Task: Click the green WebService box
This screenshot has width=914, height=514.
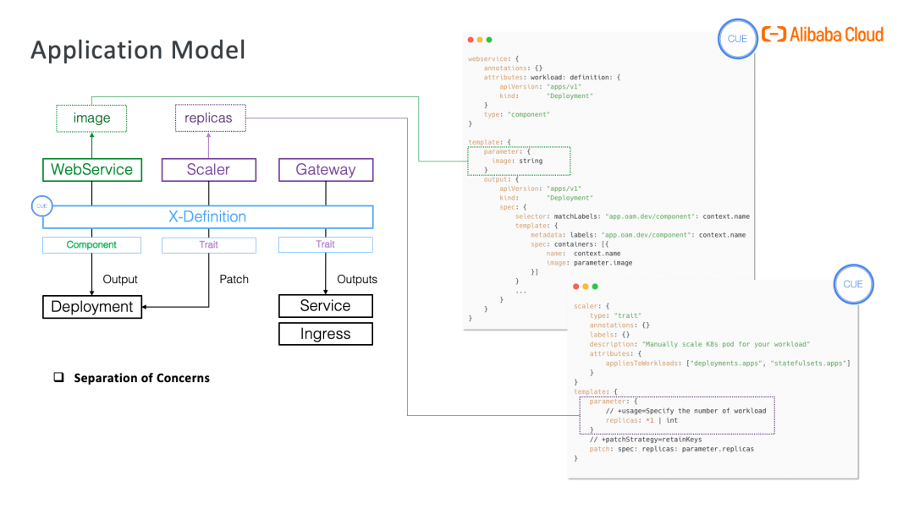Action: (x=92, y=169)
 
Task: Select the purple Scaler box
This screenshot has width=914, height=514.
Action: (x=208, y=169)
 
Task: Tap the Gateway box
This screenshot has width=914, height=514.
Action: (x=326, y=169)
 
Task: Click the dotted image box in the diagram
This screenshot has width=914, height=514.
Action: (x=91, y=118)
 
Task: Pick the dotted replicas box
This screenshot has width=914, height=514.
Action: (x=208, y=118)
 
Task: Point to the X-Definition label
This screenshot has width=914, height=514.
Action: (x=207, y=216)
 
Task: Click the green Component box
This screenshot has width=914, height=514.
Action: (x=91, y=244)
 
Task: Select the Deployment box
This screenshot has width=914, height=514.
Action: (x=92, y=307)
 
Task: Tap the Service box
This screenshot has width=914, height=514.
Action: (x=326, y=305)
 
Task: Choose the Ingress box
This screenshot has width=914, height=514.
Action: (x=326, y=334)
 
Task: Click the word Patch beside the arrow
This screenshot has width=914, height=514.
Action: (x=234, y=279)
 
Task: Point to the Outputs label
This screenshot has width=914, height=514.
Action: (x=357, y=279)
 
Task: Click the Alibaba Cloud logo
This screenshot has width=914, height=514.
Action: (x=823, y=35)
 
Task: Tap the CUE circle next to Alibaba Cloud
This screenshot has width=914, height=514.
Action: (x=737, y=39)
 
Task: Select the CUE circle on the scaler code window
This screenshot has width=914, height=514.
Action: (x=853, y=284)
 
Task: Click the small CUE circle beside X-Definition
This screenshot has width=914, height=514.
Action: (x=41, y=205)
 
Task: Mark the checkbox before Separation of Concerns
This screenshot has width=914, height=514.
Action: (x=59, y=378)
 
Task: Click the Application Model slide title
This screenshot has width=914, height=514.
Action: (x=138, y=50)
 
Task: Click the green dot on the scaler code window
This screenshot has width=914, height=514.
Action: (x=595, y=286)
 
